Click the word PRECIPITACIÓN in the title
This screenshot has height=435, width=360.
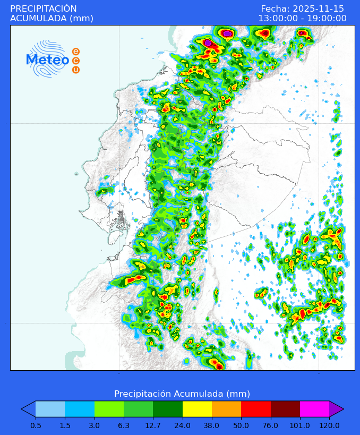[x=44, y=9]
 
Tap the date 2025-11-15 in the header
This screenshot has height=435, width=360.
[x=317, y=9]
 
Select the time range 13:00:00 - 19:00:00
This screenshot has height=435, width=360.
[x=302, y=19]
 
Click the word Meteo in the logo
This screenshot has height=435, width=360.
[x=48, y=60]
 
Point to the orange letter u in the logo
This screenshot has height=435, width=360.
[x=76, y=70]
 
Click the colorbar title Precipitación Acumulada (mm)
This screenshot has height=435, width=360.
[x=182, y=394]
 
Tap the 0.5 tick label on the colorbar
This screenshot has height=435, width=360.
[x=36, y=425]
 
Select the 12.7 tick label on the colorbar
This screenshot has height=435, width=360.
[x=153, y=425]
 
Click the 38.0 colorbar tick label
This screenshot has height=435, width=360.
[x=212, y=425]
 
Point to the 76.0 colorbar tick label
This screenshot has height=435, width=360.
[x=271, y=425]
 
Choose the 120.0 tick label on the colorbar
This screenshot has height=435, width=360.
[x=329, y=425]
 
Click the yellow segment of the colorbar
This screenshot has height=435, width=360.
[x=197, y=409]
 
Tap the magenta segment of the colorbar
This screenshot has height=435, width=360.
[x=314, y=409]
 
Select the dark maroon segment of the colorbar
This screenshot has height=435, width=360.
[x=285, y=409]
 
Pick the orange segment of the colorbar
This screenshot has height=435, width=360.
[x=226, y=409]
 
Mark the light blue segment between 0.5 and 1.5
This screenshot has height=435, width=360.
[x=50, y=409]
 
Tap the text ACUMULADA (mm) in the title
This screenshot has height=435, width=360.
[x=52, y=19]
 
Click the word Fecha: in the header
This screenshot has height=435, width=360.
[x=275, y=9]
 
